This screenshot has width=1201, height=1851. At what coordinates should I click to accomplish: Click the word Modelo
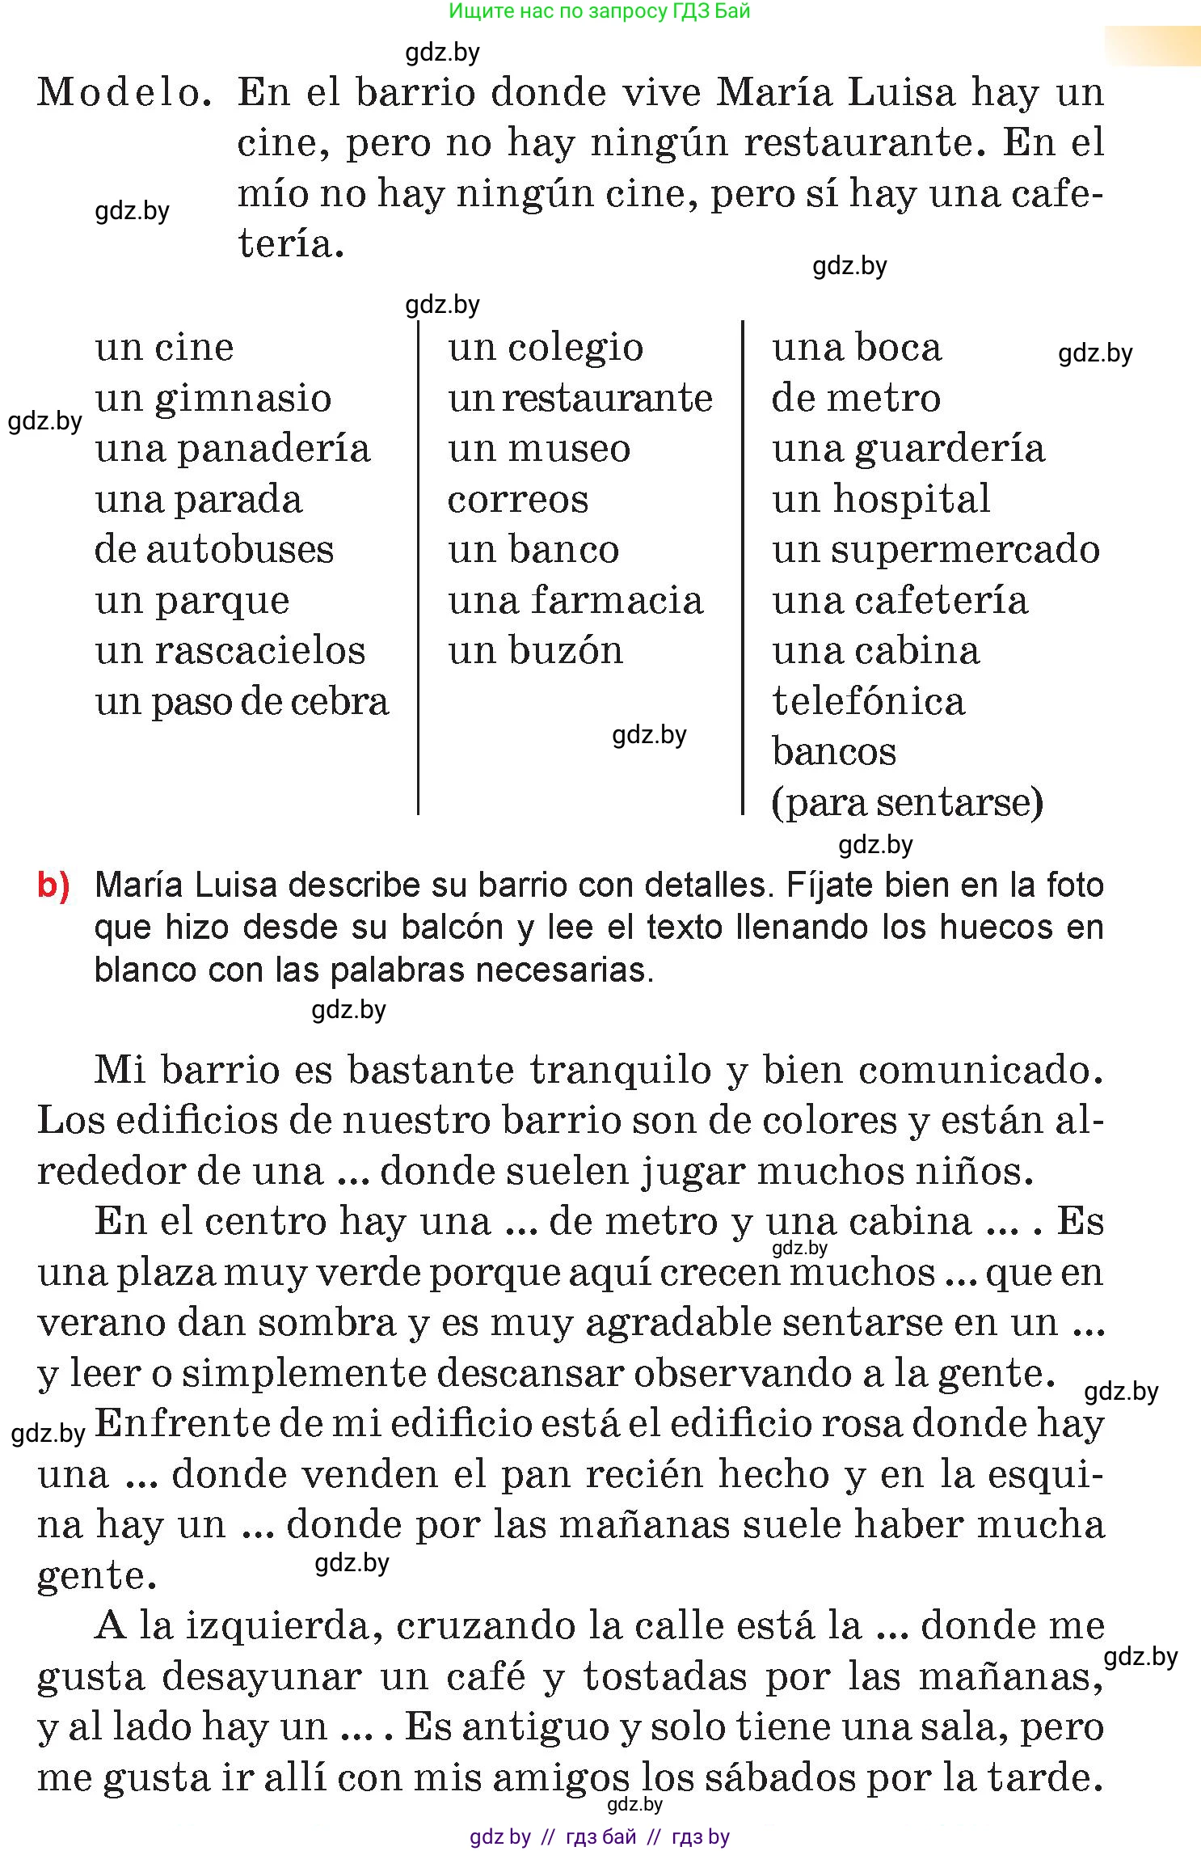pyautogui.click(x=124, y=92)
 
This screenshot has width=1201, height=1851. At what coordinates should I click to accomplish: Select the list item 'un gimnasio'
pyautogui.click(x=213, y=399)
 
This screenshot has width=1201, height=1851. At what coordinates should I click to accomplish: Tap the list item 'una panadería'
pyautogui.click(x=233, y=449)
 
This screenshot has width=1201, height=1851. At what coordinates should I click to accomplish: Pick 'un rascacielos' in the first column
pyautogui.click(x=230, y=651)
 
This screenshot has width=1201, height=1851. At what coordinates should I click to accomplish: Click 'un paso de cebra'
pyautogui.click(x=242, y=702)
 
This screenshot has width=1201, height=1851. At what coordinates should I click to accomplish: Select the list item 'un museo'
pyautogui.click(x=539, y=449)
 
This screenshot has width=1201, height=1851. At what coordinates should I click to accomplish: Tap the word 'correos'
pyautogui.click(x=518, y=500)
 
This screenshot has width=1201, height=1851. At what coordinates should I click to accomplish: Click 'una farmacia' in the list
pyautogui.click(x=575, y=601)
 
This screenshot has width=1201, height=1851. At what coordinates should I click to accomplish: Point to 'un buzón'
pyautogui.click(x=536, y=651)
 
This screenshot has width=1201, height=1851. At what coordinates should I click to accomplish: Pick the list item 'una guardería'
pyautogui.click(x=908, y=449)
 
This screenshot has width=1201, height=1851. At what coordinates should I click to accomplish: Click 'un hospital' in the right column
pyautogui.click(x=881, y=500)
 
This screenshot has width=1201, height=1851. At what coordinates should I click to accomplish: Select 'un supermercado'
pyautogui.click(x=936, y=550)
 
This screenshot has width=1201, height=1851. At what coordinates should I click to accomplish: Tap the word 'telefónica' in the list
pyautogui.click(x=869, y=702)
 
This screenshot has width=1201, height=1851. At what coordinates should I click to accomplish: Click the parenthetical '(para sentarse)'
pyautogui.click(x=908, y=803)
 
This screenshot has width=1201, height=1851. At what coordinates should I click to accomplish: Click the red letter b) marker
pyautogui.click(x=53, y=885)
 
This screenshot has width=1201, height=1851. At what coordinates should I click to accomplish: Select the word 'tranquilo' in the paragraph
pyautogui.click(x=621, y=1071)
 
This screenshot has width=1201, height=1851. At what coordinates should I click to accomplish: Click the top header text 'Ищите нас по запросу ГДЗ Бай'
pyautogui.click(x=600, y=11)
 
